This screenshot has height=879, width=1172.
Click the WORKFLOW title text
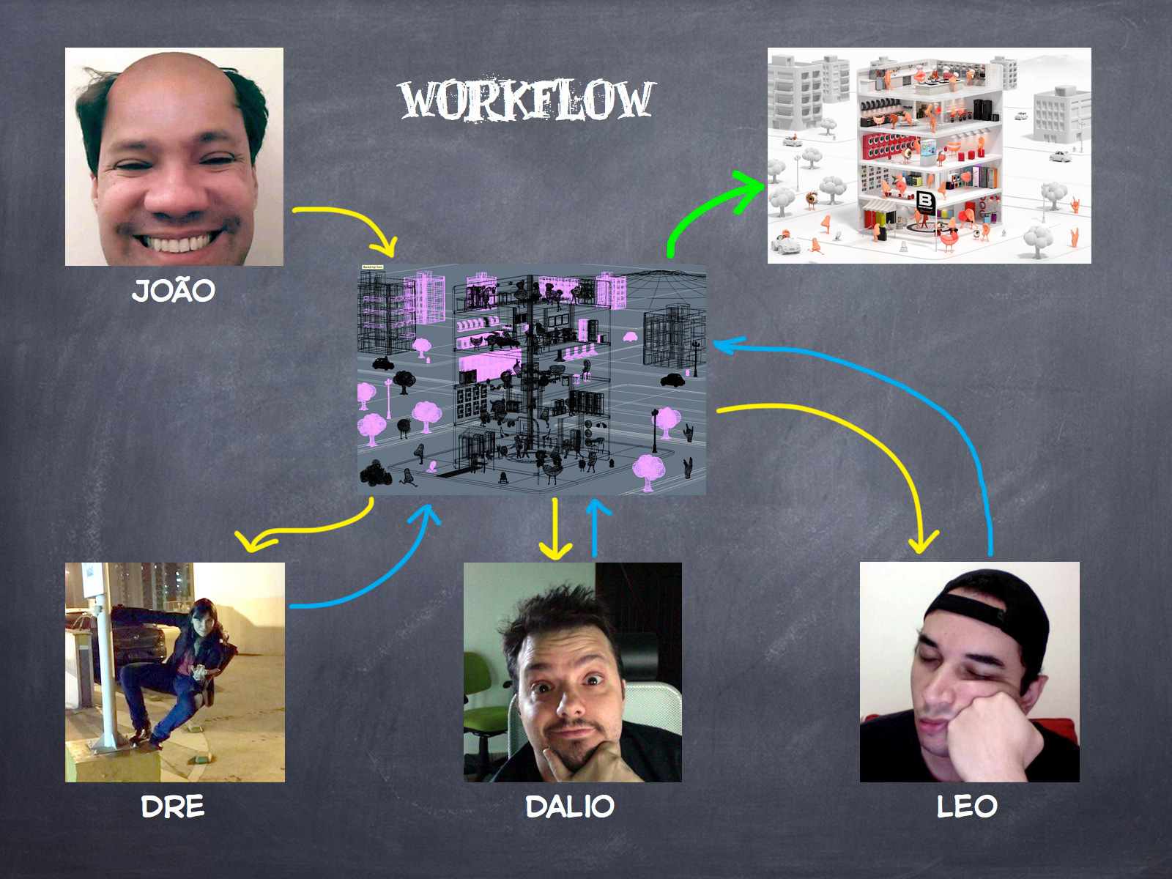click(x=526, y=100)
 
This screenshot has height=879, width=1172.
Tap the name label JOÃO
click(x=174, y=291)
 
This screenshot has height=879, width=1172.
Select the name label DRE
click(x=172, y=806)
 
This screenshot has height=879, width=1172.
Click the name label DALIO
click(x=570, y=806)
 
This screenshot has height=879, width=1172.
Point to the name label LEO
click(x=968, y=806)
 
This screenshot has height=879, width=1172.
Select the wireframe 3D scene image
click(x=532, y=379)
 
